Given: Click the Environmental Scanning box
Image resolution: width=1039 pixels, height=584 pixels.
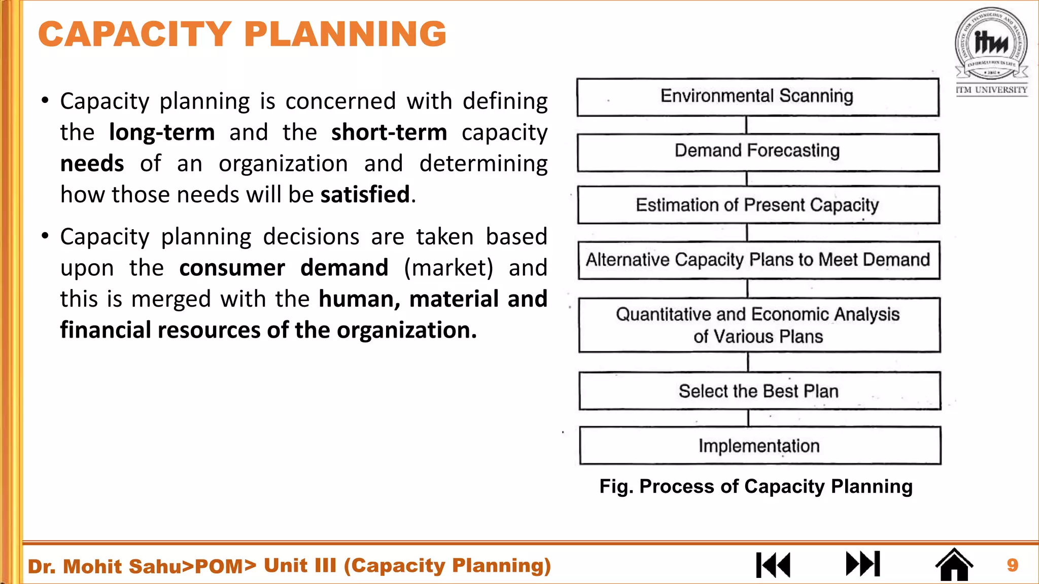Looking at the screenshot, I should click(757, 97).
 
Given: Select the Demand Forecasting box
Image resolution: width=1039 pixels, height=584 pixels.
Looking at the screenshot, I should click(757, 152).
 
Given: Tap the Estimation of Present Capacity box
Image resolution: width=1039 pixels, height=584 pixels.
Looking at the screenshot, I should click(758, 205).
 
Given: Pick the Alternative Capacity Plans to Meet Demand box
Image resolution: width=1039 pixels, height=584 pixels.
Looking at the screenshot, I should click(758, 260).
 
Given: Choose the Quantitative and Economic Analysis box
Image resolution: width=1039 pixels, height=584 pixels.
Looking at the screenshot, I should click(759, 325).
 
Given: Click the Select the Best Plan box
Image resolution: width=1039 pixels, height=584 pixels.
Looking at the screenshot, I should click(759, 391).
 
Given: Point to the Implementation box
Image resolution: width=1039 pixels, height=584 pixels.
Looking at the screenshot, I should click(759, 446).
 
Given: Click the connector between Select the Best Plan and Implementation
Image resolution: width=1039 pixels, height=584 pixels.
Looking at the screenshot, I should click(749, 418).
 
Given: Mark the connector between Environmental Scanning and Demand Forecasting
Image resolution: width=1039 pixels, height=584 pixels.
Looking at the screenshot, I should click(746, 125).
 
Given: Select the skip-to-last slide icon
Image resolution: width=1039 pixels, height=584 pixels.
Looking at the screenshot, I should click(863, 564).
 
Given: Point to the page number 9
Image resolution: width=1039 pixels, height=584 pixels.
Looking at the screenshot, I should click(1012, 565).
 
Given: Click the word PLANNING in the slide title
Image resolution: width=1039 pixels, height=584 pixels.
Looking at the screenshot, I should click(345, 34).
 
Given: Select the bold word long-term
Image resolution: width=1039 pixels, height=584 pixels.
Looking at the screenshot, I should click(162, 133).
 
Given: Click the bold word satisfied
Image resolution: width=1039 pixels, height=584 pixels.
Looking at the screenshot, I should click(365, 195).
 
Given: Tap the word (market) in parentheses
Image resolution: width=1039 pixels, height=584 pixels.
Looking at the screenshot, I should click(448, 268).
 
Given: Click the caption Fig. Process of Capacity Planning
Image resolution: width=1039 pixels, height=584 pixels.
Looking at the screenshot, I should click(756, 486).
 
